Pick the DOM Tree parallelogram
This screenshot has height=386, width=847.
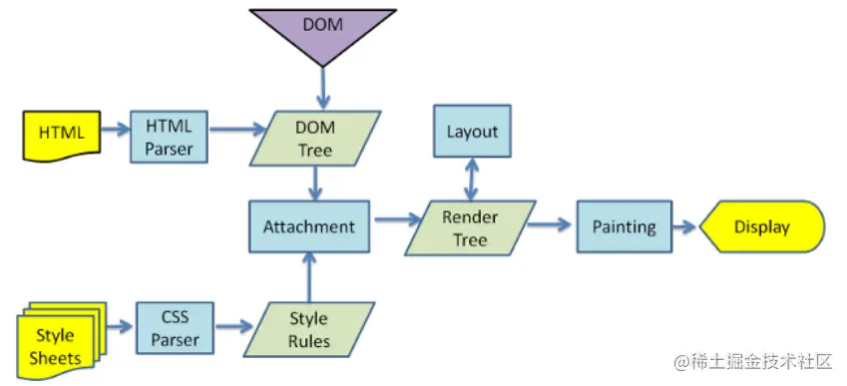coord(315,139)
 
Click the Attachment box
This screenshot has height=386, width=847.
coord(308,226)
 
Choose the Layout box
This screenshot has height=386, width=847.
coord(472,132)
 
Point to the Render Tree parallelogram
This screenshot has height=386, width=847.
coord(470,227)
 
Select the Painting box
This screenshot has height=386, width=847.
coord(624,226)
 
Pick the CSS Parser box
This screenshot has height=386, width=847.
coord(175,328)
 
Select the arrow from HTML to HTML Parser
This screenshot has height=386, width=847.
coord(115,130)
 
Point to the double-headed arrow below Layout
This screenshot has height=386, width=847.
coord(472,180)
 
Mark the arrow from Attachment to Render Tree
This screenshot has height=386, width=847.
coord(394,219)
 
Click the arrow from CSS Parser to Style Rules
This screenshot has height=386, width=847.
coord(234,326)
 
